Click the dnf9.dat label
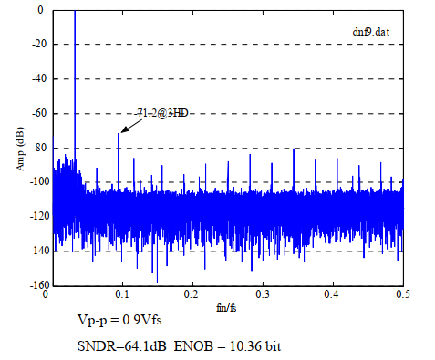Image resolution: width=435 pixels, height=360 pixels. tap(372, 32)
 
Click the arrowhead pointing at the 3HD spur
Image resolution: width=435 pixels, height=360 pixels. tap(121, 130)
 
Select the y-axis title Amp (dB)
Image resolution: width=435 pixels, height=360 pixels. tap(20, 148)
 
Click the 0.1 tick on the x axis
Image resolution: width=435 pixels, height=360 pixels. tap(121, 296)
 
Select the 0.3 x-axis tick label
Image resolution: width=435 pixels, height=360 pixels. tap(263, 296)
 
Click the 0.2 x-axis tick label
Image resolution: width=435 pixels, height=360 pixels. tap(192, 296)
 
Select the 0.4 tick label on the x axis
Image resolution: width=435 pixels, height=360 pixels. tap(333, 296)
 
